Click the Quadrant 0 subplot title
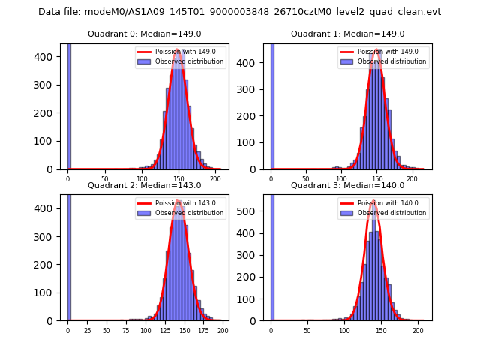(144, 34)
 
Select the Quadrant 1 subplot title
(347, 34)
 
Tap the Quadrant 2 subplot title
(144, 185)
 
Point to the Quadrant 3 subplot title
(347, 185)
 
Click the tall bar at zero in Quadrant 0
(69, 105)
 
